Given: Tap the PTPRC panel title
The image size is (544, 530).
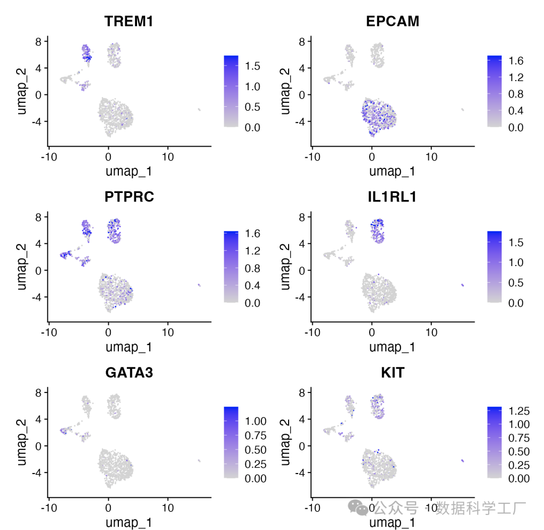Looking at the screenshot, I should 129,197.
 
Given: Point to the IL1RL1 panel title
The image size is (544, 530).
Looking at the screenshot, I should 392,197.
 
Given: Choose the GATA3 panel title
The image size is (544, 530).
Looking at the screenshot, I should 129,373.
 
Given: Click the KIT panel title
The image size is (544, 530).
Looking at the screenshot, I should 392,373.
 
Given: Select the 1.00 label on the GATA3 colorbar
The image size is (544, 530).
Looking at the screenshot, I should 254,420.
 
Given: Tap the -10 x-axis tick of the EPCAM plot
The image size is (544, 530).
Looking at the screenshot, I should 312,157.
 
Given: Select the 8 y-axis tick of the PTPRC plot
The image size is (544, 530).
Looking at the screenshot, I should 39,217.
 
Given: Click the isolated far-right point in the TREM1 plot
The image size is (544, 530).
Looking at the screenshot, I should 199,109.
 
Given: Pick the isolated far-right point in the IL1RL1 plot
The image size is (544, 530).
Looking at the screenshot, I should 462,285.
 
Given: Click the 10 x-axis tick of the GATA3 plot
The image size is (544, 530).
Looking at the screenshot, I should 168,508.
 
